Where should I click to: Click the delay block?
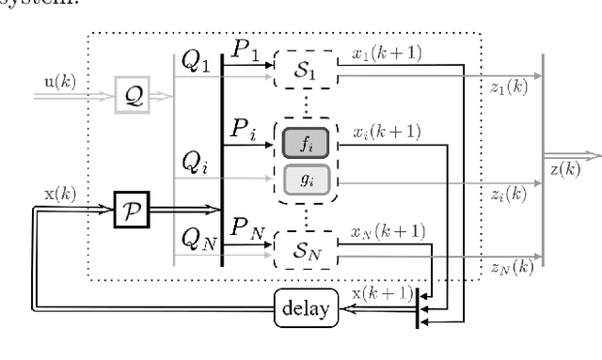[305, 306]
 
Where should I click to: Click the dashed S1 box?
[304, 71]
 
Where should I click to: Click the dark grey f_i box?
[304, 142]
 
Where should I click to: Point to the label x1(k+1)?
[388, 53]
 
